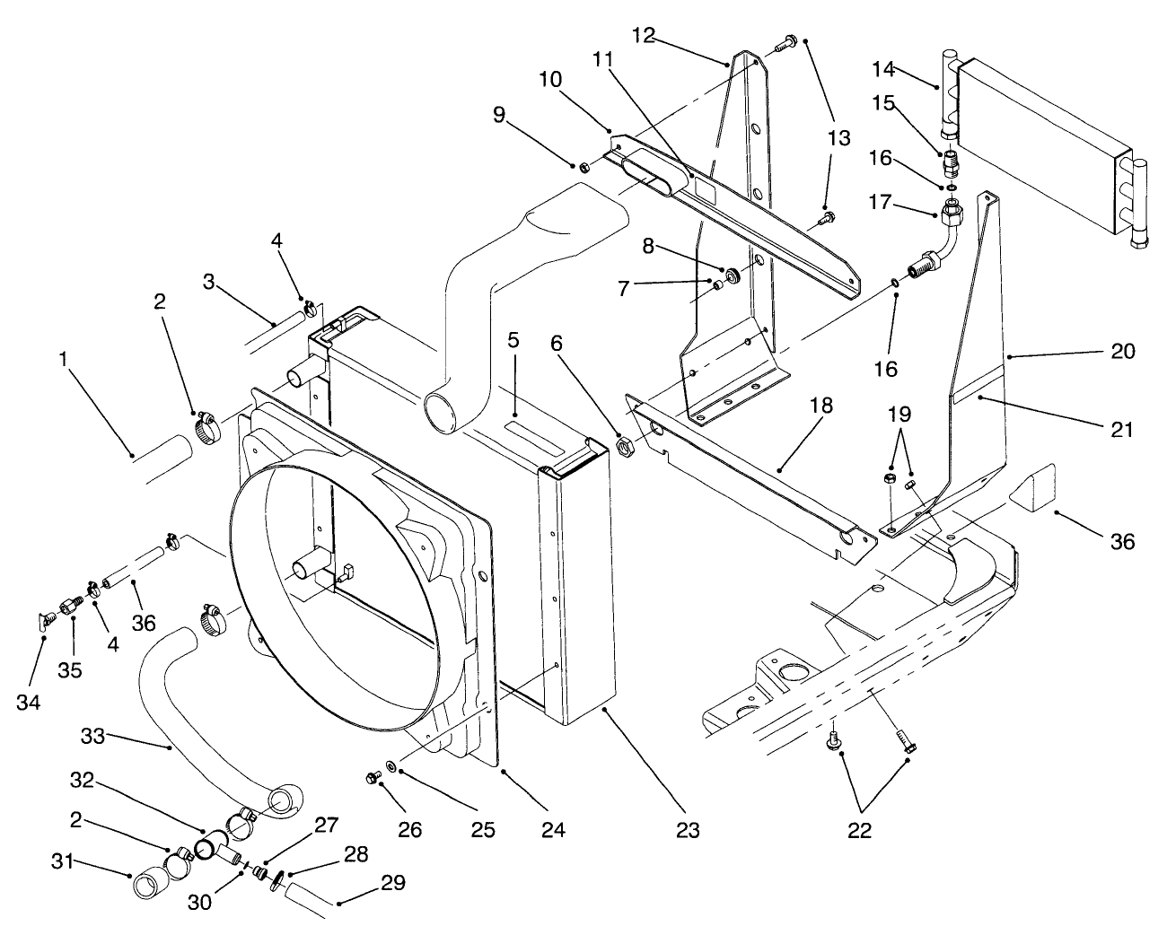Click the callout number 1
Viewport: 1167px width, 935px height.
pos(64,360)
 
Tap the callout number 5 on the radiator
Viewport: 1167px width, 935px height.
pos(513,341)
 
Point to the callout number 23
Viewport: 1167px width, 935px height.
pos(689,830)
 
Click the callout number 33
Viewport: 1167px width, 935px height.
pos(93,737)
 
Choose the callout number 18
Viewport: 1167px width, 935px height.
pos(823,406)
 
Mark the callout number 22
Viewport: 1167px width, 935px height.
pos(859,830)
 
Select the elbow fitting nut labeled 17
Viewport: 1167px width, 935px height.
pos(953,214)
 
